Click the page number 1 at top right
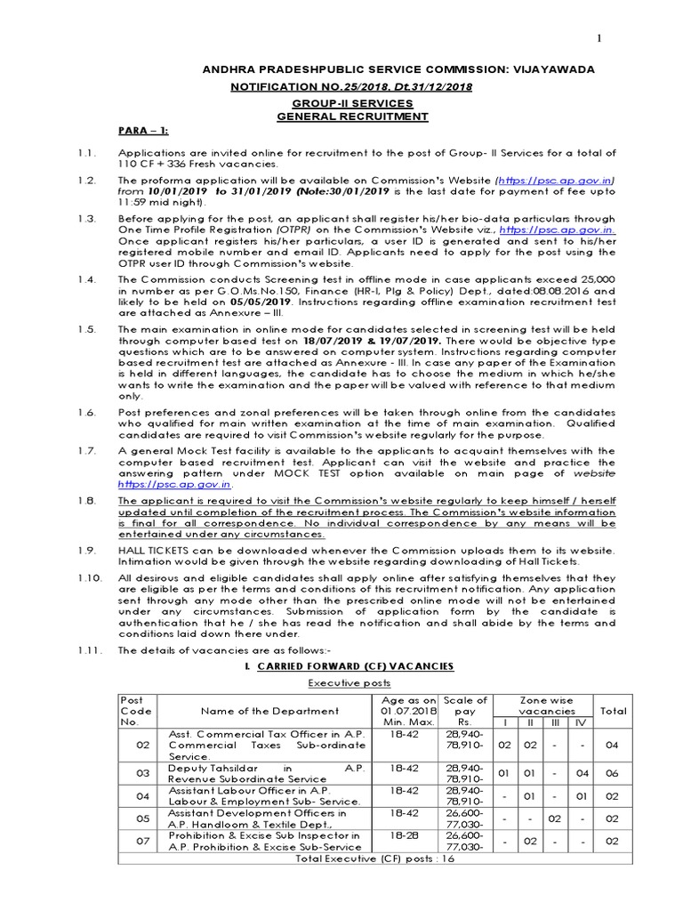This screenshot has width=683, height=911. (599, 37)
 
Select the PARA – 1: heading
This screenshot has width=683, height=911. (143, 131)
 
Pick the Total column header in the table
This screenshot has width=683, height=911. (613, 711)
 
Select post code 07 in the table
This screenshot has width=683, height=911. (143, 842)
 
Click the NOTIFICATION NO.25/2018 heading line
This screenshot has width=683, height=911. (351, 86)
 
